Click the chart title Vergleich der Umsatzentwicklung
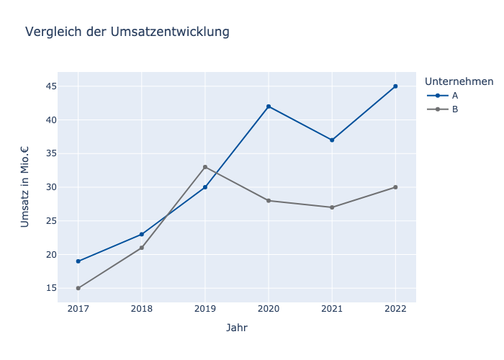point(127,32)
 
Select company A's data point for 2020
point(269,107)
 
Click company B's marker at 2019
point(205,167)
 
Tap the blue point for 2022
point(395,86)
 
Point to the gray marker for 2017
point(78,288)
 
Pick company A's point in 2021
point(332,140)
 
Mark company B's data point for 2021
point(332,207)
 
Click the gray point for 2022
point(395,187)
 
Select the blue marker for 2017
point(78,261)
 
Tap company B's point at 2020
point(269,201)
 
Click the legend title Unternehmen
point(459,81)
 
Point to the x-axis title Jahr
point(237,328)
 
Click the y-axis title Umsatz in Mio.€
point(25,187)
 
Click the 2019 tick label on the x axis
point(205,308)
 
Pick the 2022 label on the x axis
point(395,308)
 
